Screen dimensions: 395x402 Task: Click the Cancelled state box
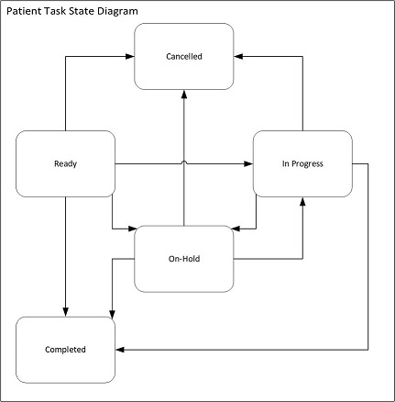pos(184,56)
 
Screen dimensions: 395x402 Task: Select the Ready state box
pos(65,163)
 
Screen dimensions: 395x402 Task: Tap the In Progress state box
pos(302,163)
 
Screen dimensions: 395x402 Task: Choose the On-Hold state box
pos(184,259)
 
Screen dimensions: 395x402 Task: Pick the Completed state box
pos(65,350)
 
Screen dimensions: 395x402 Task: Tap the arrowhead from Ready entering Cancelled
pos(130,56)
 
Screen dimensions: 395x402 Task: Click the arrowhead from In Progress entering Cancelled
pos(238,56)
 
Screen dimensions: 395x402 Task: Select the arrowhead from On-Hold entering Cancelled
pos(184,95)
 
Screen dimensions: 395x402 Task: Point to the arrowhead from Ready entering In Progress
pos(248,163)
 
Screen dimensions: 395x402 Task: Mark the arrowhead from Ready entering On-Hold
pos(132,229)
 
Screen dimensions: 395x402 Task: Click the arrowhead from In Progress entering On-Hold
pos(236,229)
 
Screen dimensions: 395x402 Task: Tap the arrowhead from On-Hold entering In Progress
pos(302,201)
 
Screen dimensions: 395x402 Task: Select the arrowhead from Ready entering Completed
pos(65,312)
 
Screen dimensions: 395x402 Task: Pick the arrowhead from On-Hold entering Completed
pos(113,315)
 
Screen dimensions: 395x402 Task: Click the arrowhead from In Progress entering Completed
pos(120,350)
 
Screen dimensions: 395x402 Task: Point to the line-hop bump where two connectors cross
pos(184,162)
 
